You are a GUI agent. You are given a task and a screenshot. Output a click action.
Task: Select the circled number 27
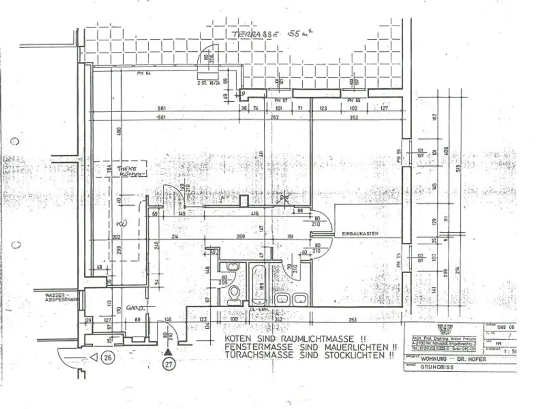[168, 365]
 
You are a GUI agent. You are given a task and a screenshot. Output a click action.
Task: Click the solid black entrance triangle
[168, 352]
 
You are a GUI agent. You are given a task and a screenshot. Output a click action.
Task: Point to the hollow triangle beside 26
[94, 358]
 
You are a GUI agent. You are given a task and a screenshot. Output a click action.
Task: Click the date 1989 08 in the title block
[496, 326]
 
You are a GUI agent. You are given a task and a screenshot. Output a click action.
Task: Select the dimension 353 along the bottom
[352, 319]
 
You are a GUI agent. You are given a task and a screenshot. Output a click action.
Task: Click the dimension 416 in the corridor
[255, 214]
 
